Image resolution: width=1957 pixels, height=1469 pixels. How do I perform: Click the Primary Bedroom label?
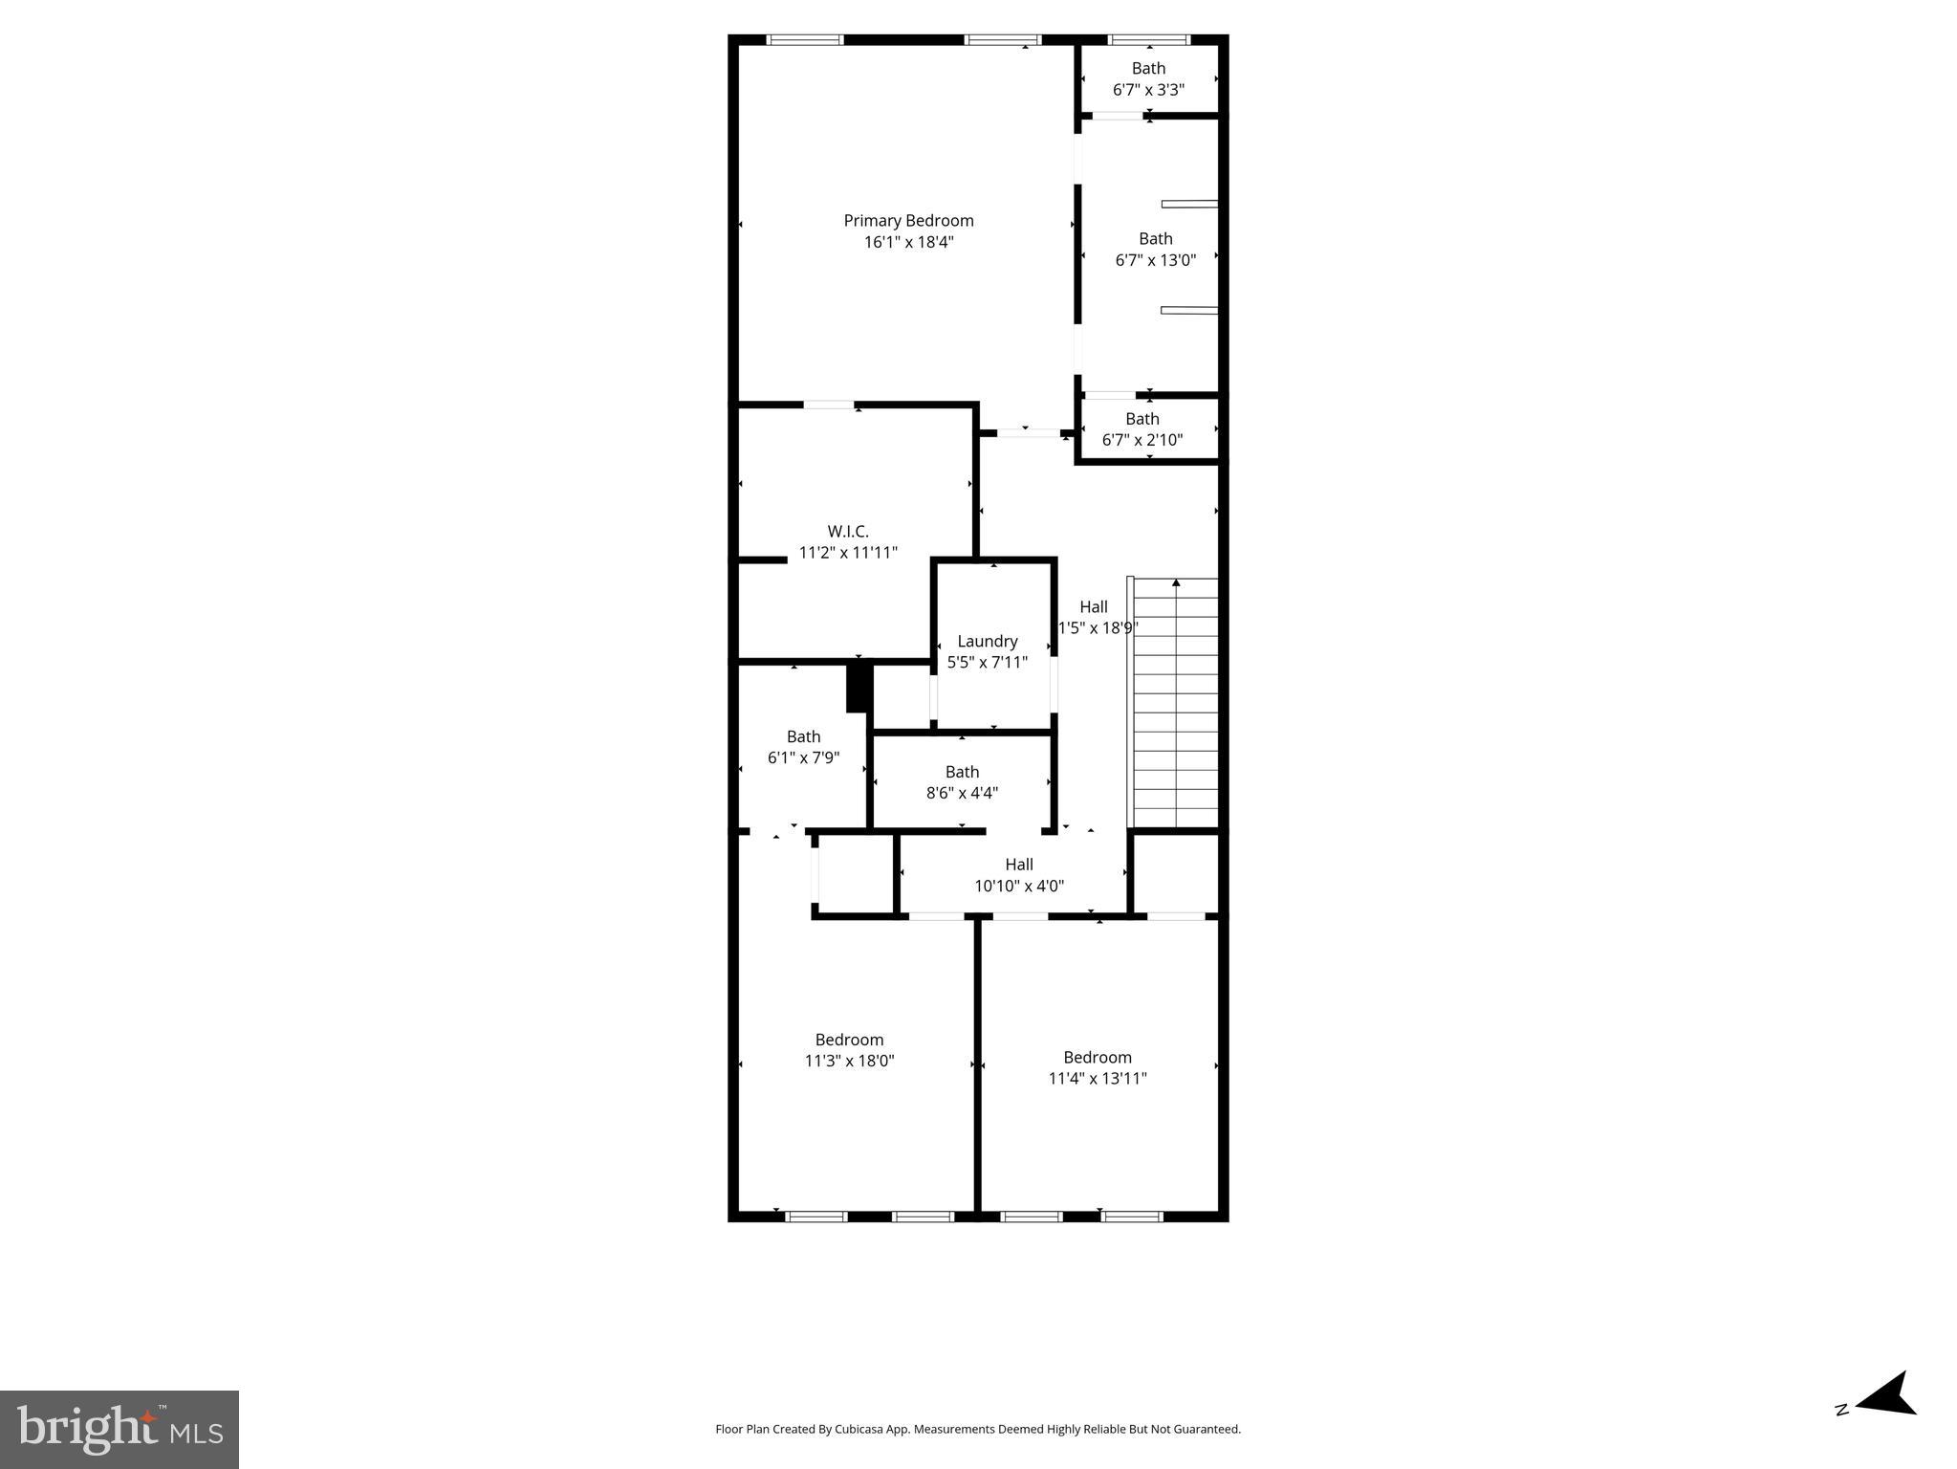coord(908,221)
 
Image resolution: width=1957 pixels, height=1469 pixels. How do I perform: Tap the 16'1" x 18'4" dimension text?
coord(908,243)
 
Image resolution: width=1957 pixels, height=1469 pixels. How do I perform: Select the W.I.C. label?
coord(848,532)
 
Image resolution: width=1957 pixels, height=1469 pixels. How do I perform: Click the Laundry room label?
coord(988,642)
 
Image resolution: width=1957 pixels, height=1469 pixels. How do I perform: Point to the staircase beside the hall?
coord(1176,708)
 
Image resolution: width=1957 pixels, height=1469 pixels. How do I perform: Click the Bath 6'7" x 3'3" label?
coord(1148,69)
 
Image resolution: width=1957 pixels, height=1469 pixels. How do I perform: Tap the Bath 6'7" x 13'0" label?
coord(1155,239)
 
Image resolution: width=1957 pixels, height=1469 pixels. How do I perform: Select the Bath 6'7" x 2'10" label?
coord(1142,419)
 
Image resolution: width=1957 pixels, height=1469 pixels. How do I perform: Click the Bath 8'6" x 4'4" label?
coord(962,772)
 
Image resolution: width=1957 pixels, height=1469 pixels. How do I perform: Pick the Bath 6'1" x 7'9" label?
coord(803,736)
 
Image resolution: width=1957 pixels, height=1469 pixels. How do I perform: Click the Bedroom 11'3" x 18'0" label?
coord(849,1040)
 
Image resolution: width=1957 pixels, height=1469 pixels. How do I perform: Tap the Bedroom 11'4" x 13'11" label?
coord(1098,1057)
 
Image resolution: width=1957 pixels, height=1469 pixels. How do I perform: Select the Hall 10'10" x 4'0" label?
coord(1019,865)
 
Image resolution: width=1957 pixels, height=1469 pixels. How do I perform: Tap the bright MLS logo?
coord(120,1430)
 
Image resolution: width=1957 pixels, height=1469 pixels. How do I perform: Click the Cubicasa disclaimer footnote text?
coord(978,1429)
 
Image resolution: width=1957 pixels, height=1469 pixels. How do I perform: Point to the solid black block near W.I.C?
coord(858,688)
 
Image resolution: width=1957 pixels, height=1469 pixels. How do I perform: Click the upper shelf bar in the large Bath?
coord(1189,204)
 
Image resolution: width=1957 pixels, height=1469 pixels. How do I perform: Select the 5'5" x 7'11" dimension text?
coord(988,663)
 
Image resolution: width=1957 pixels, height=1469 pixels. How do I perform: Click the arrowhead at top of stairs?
coord(1176,582)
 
